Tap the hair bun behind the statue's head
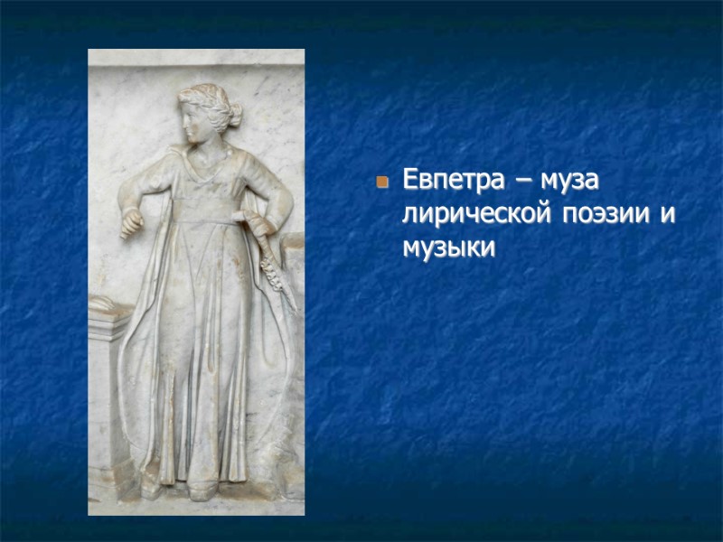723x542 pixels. [x=235, y=115]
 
